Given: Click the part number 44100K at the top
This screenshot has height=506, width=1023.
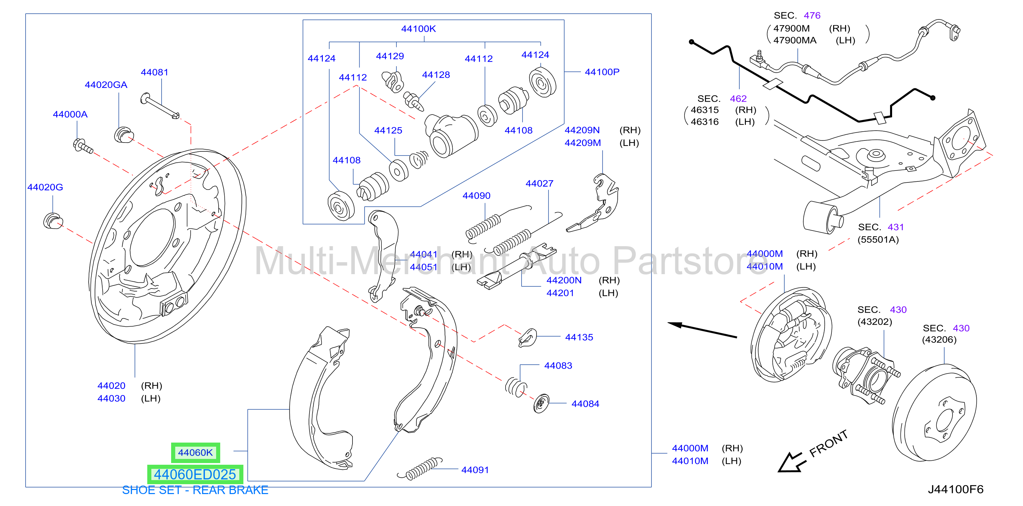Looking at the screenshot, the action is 418,29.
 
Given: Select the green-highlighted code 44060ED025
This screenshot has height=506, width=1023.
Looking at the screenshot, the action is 195,474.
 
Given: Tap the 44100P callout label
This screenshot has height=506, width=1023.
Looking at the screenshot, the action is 602,72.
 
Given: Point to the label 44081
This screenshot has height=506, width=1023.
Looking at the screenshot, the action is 154,72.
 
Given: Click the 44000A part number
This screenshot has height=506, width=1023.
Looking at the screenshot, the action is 70,114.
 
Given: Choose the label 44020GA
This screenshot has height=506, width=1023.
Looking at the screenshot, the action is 106,85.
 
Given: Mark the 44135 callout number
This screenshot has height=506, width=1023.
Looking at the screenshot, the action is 579,337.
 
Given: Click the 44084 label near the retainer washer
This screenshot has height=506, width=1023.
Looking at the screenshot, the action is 585,404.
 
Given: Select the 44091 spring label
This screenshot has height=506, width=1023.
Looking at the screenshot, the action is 475,470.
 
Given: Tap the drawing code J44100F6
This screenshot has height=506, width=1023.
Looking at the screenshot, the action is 956,489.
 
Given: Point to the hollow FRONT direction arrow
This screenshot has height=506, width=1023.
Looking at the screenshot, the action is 791,462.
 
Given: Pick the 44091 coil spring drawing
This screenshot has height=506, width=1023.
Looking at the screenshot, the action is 419,469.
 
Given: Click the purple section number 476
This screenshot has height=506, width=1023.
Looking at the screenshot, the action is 812,15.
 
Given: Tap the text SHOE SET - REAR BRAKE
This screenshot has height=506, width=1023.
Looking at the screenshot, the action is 195,490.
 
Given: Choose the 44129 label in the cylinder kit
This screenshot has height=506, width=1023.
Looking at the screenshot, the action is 390,56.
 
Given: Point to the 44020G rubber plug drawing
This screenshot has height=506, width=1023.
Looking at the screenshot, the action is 53,221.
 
